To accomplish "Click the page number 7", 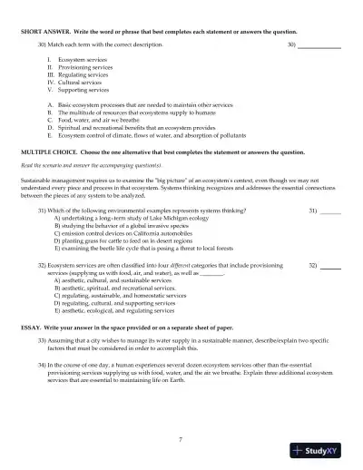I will (x=181, y=439).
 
